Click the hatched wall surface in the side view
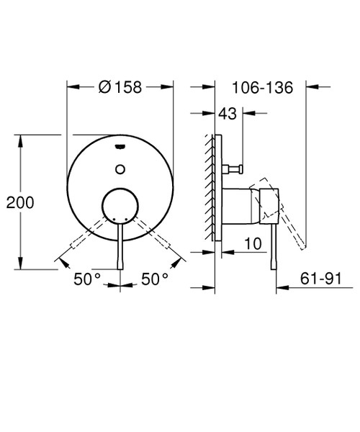point(210,187)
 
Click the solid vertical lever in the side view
point(274,245)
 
